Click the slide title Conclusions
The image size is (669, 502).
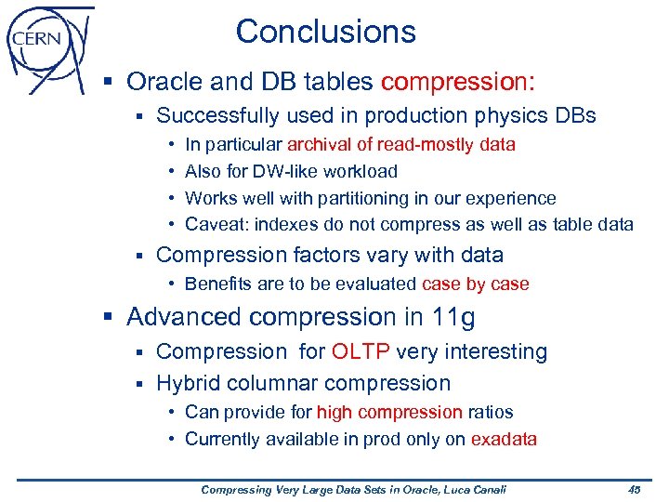tap(325, 32)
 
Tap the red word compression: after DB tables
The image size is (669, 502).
tap(458, 82)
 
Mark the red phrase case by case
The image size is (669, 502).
tap(475, 284)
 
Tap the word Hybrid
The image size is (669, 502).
tap(186, 383)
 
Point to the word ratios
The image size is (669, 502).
tap(490, 412)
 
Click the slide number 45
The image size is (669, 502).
tap(635, 490)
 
